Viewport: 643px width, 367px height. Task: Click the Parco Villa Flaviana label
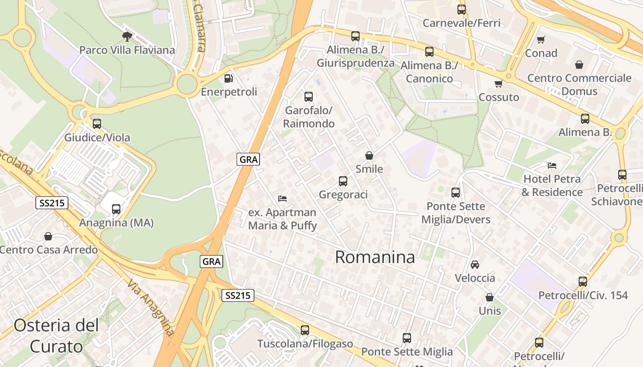pos(127,50)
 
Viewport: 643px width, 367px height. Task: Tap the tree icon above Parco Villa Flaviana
pos(127,36)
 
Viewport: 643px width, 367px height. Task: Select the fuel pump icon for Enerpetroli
pos(228,78)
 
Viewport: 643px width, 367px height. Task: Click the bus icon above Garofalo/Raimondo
pos(309,97)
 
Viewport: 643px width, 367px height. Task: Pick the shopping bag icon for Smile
pos(369,156)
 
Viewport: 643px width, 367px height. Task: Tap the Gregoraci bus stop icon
pos(343,181)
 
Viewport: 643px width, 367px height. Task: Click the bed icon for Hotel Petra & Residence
pos(552,165)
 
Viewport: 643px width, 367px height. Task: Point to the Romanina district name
pos(375,257)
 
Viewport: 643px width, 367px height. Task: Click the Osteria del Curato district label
pos(56,336)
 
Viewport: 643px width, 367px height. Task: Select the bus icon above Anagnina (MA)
pos(116,209)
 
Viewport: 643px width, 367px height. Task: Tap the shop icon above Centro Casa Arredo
pos(48,236)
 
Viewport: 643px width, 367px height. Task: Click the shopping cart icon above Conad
pos(541,40)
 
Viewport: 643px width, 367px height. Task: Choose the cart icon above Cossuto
pos(498,83)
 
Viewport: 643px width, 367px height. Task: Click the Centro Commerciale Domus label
pos(579,84)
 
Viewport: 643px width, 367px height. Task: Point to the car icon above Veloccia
pos(475,265)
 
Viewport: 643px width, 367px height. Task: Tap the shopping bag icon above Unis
pos(490,297)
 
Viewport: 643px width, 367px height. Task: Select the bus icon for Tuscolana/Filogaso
pos(305,330)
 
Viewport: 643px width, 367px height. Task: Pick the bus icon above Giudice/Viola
pos(97,124)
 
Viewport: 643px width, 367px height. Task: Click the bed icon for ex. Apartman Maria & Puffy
pos(282,199)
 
